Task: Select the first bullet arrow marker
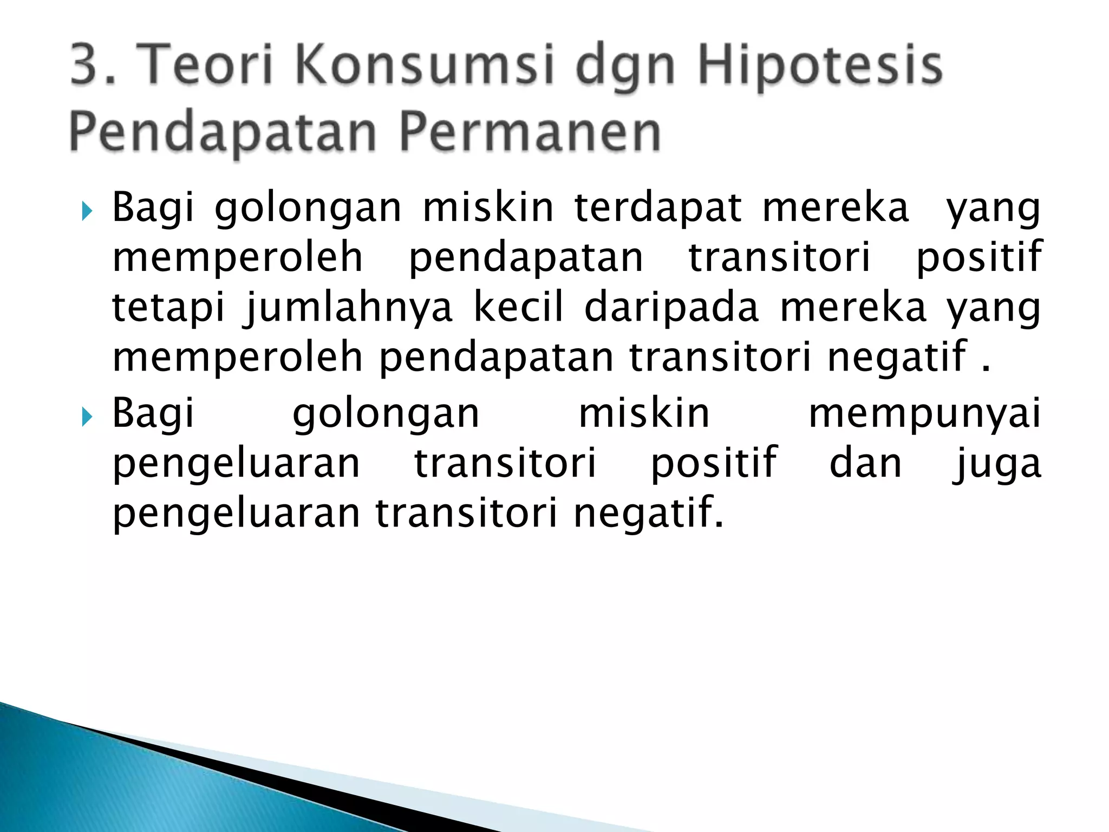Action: pyautogui.click(x=87, y=211)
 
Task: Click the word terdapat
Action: pyautogui.click(x=658, y=209)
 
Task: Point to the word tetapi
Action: pyautogui.click(x=168, y=308)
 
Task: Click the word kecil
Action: pyautogui.click(x=519, y=307)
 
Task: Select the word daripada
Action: pyautogui.click(x=672, y=308)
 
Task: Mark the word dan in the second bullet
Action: pyautogui.click(x=865, y=463)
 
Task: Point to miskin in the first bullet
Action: pyautogui.click(x=488, y=209)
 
